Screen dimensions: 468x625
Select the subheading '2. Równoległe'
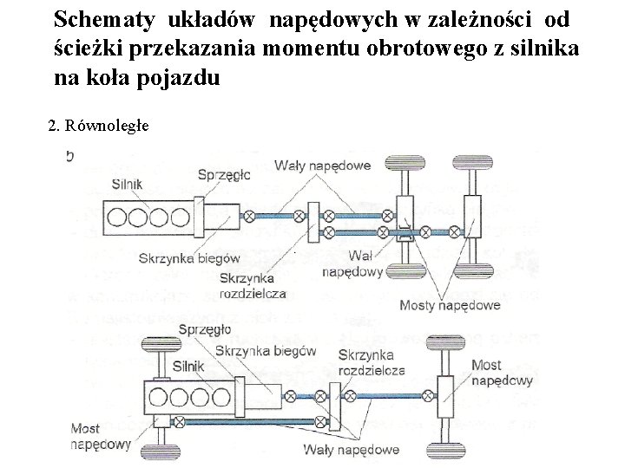tap(99, 126)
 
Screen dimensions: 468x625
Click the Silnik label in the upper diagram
tap(128, 184)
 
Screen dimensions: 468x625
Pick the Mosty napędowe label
tap(450, 305)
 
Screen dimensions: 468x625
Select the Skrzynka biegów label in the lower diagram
tap(266, 350)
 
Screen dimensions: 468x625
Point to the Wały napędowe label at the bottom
tap(352, 449)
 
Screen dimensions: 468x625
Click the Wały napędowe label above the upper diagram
tap(323, 166)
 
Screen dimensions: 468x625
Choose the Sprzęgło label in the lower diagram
tap(205, 328)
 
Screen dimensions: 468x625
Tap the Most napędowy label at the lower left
tap(100, 437)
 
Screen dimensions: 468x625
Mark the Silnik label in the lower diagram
tap(188, 367)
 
